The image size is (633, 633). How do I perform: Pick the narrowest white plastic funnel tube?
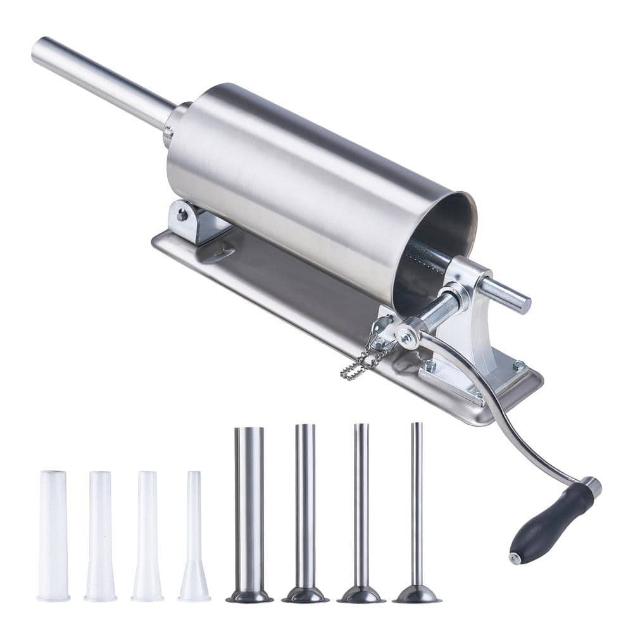point(194,538)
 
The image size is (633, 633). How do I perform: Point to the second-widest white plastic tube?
point(101,535)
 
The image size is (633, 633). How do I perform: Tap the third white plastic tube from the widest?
point(147,535)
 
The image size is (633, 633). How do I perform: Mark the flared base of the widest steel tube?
point(249,596)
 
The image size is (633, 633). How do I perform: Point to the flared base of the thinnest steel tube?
point(417,595)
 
